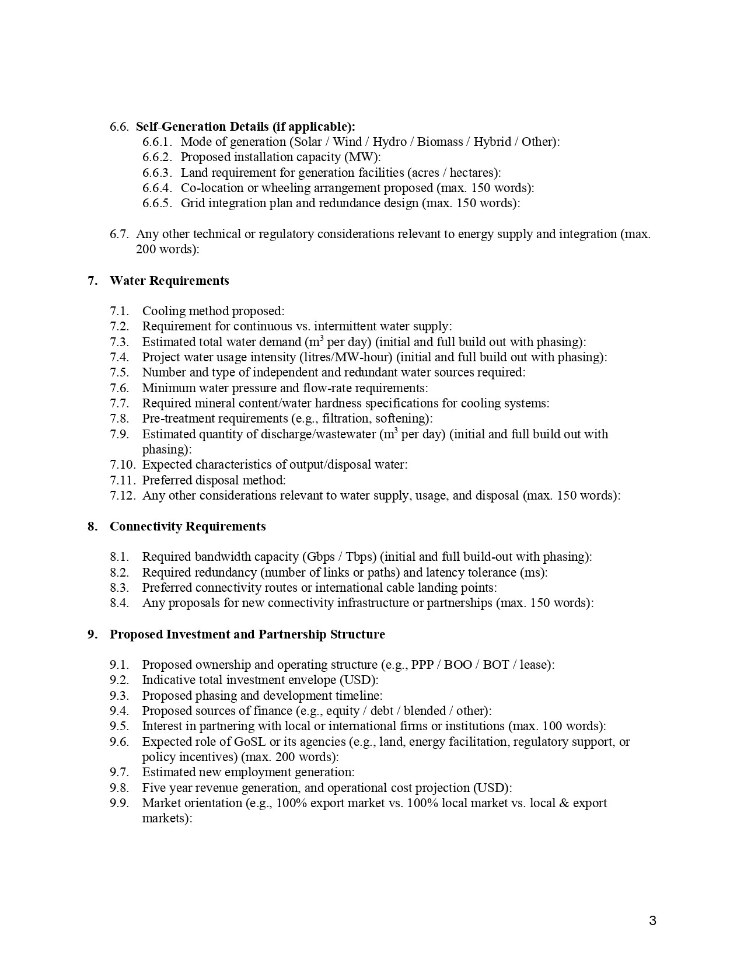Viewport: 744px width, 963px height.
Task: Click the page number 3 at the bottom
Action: point(652,921)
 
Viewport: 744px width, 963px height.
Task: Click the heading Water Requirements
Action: point(169,281)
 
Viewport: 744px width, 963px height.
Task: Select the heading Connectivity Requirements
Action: point(187,526)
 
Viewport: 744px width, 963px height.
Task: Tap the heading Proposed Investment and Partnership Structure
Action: point(247,634)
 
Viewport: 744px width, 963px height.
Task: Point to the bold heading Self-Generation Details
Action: point(245,127)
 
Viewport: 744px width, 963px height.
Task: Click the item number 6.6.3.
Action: point(157,173)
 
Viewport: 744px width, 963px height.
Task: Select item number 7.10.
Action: point(123,465)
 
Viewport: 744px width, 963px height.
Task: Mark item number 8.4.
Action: point(119,603)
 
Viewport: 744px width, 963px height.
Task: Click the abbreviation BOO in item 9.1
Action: point(458,665)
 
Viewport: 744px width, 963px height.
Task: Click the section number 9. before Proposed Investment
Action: point(92,634)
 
